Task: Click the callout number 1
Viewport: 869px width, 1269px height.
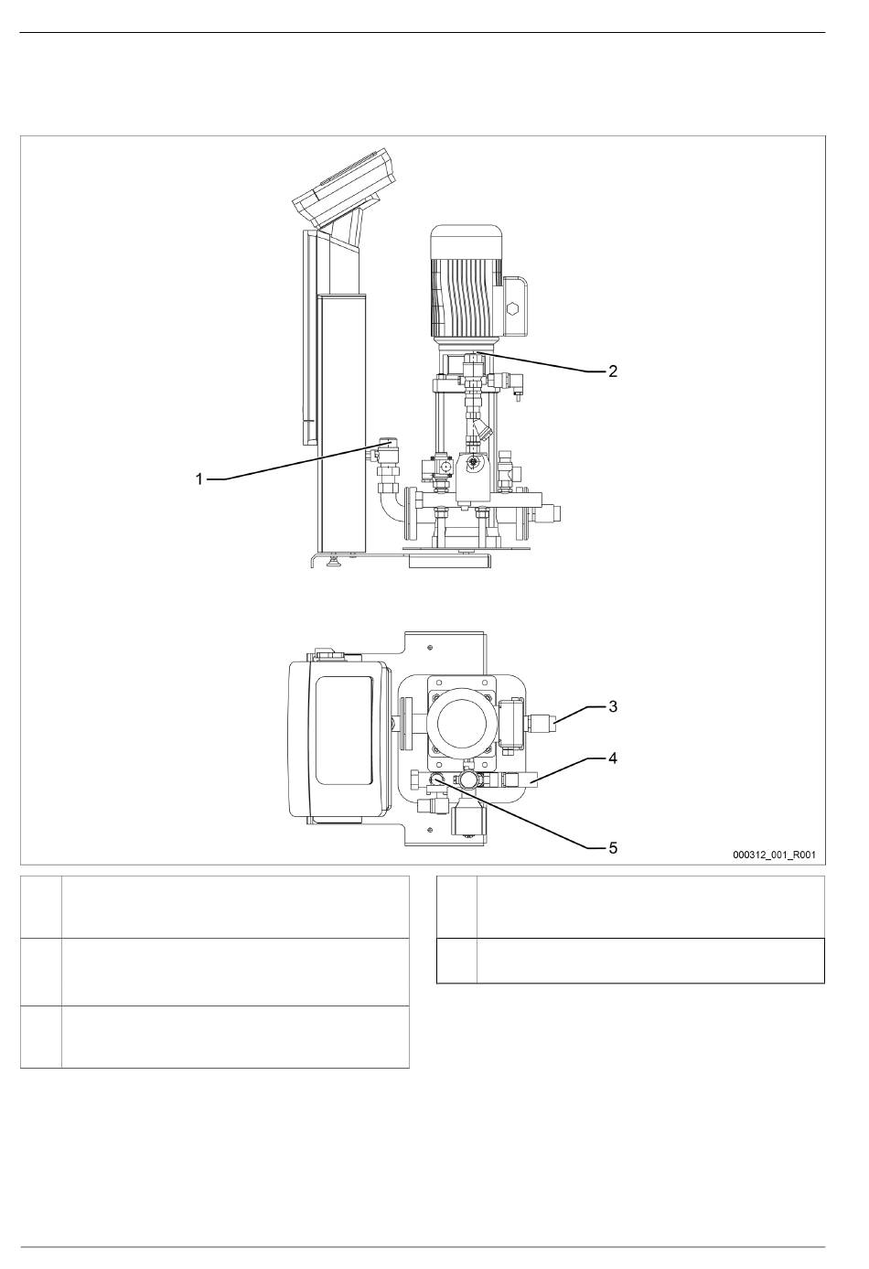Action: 198,479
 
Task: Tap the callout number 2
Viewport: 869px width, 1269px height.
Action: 612,371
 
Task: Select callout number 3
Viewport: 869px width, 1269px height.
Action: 612,706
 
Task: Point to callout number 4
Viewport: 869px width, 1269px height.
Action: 612,758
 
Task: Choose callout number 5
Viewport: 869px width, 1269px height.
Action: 612,847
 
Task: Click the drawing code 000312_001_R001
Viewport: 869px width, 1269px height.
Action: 774,855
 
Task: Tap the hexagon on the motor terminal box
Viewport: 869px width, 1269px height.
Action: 514,310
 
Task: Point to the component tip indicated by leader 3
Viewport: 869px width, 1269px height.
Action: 553,724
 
